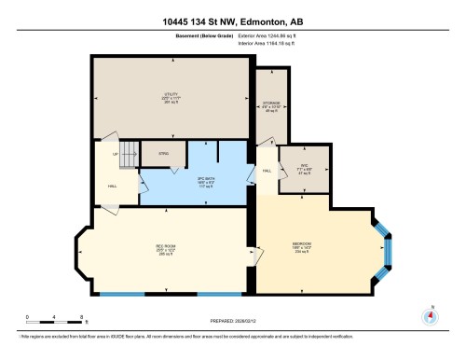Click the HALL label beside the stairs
tap(113, 186)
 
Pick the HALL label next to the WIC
tap(267, 173)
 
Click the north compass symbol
tap(430, 316)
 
